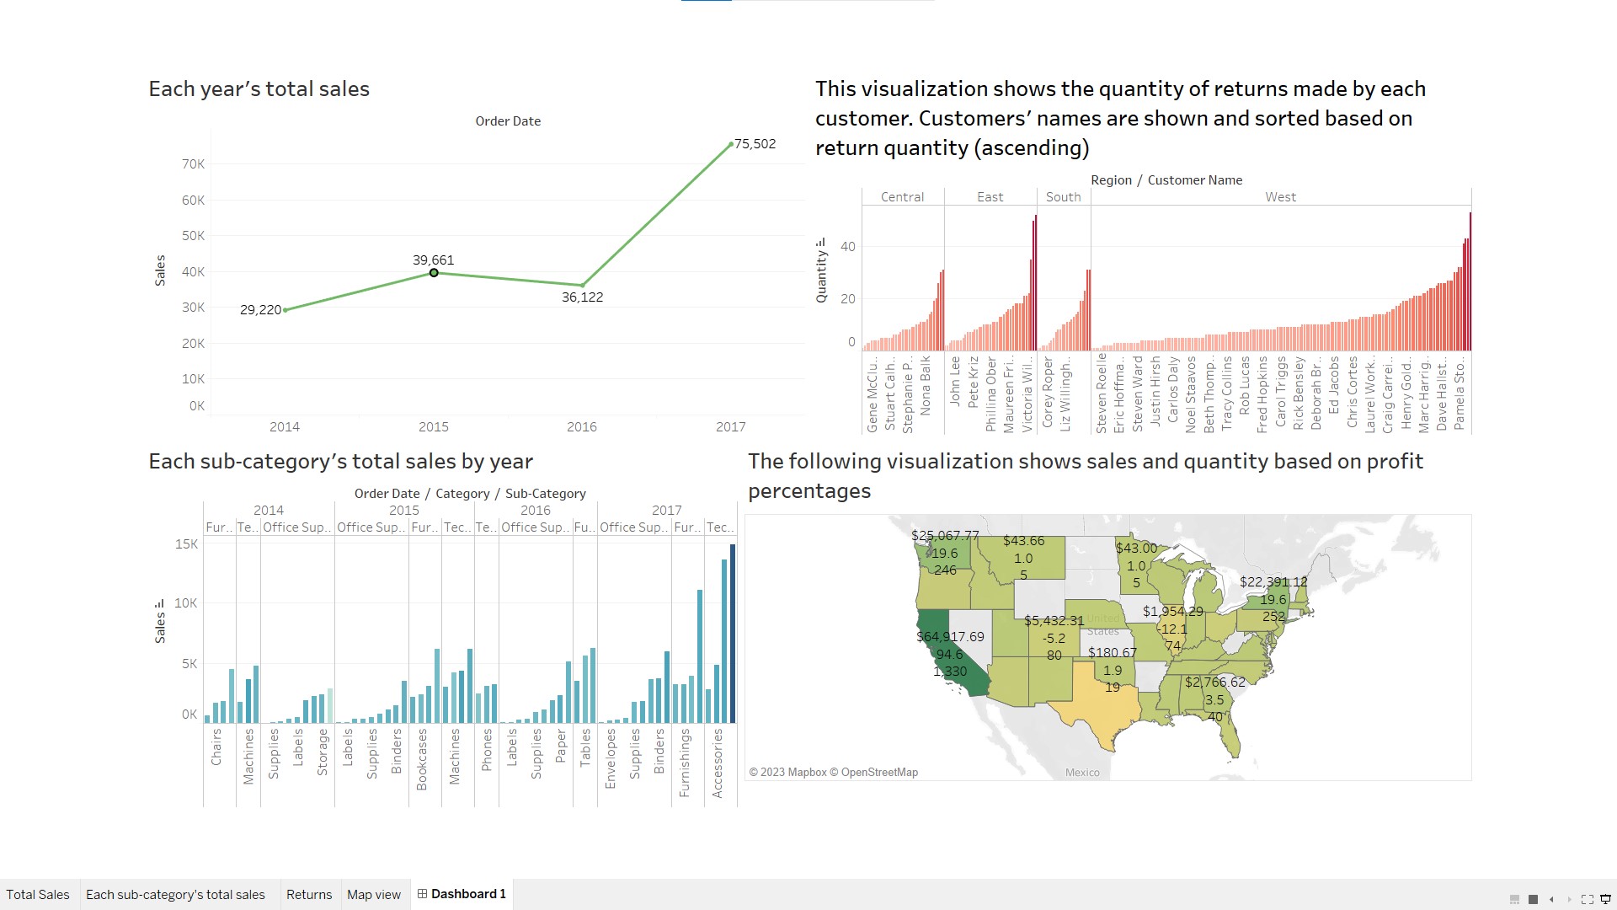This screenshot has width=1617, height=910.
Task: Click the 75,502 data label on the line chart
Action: [x=755, y=144]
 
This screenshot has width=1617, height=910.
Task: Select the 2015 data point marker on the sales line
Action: [x=434, y=273]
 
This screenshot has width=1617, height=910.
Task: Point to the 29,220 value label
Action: [x=260, y=310]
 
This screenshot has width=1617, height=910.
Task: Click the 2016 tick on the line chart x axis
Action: [x=581, y=427]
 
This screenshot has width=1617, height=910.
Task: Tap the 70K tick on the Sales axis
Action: [x=193, y=164]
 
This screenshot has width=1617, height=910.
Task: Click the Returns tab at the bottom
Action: [x=309, y=895]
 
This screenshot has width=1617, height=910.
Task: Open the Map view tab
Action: [x=374, y=895]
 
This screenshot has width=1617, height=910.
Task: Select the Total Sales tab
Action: [x=38, y=895]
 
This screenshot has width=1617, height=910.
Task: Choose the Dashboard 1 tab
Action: [x=462, y=894]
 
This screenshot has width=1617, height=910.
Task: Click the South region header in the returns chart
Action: [x=1063, y=197]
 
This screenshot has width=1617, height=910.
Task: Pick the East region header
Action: [x=990, y=197]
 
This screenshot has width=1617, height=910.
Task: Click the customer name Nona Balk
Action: [x=926, y=385]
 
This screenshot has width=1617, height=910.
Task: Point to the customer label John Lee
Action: [x=955, y=381]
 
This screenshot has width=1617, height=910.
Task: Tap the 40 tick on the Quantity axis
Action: [x=847, y=247]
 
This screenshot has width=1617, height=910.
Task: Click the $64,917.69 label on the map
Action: [x=950, y=637]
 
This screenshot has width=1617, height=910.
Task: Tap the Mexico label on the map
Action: [x=1082, y=773]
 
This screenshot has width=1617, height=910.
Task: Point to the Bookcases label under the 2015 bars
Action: [x=422, y=759]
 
